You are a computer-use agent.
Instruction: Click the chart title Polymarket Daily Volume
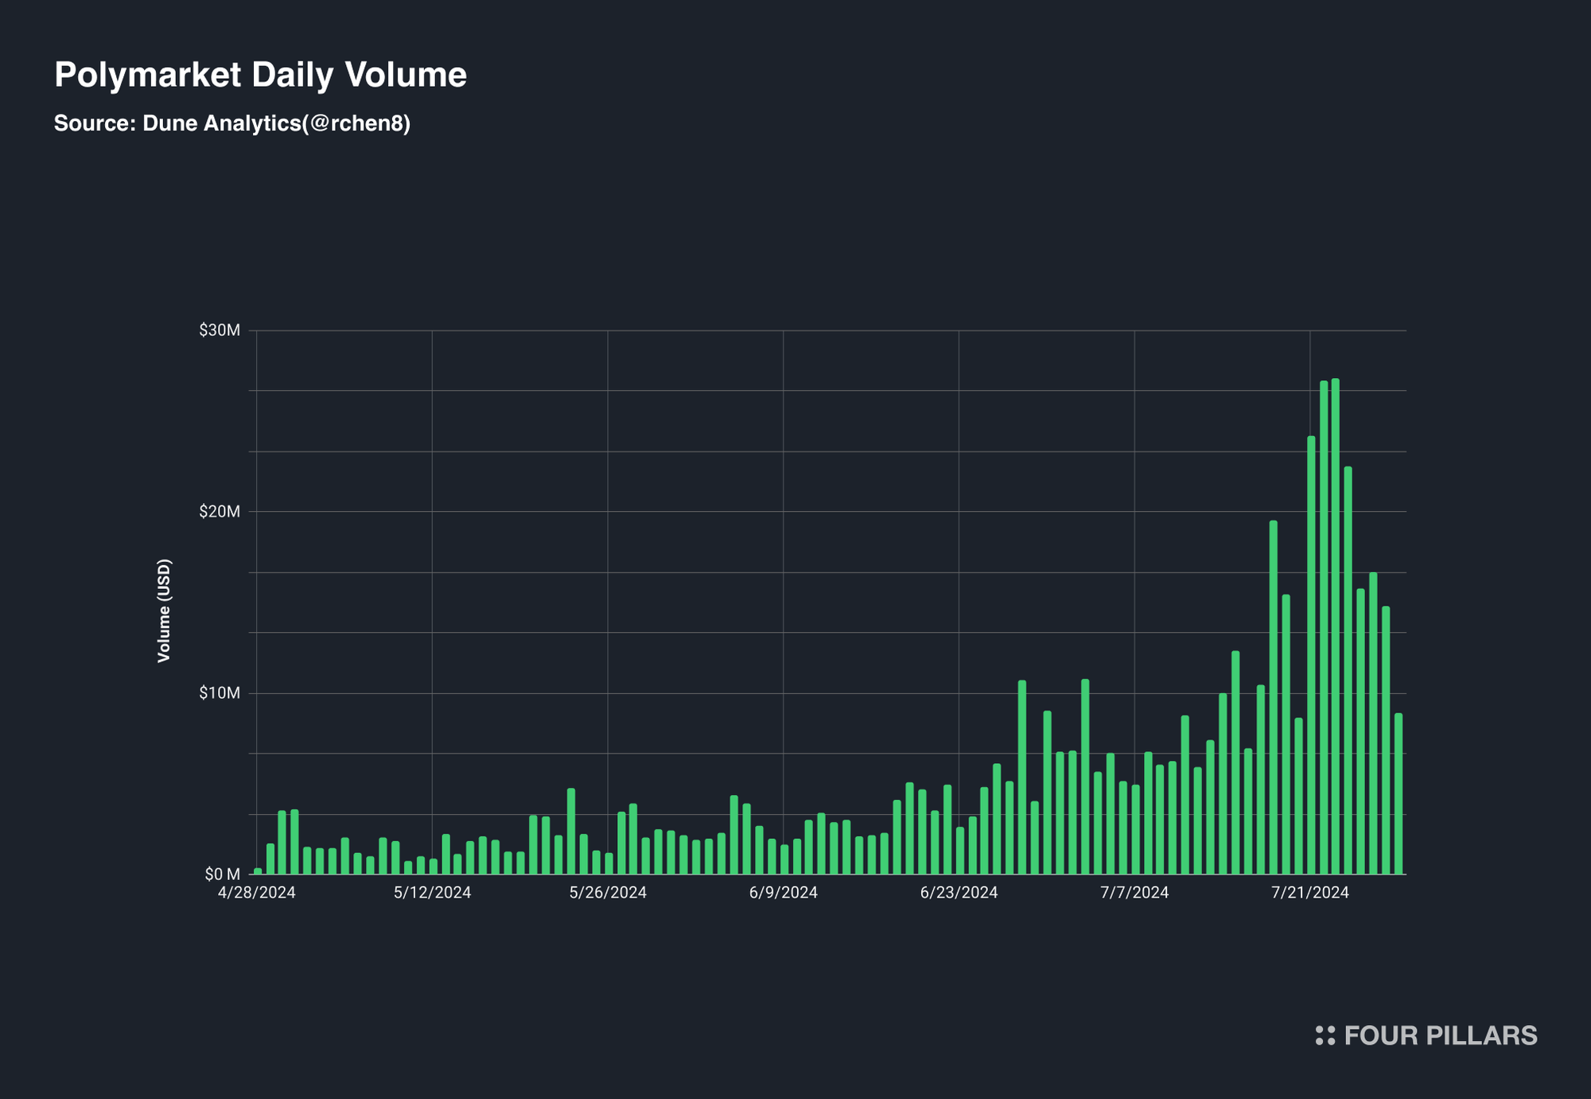coord(260,75)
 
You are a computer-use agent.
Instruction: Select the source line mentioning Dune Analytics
coord(231,123)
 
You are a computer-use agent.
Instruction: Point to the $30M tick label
coord(220,330)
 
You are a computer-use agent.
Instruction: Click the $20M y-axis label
coord(220,512)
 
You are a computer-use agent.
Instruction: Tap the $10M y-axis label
coord(220,693)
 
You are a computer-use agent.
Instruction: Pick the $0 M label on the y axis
coord(222,875)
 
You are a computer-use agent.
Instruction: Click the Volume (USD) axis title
coord(164,610)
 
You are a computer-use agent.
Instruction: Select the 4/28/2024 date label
coord(256,893)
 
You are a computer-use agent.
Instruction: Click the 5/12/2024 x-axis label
coord(432,893)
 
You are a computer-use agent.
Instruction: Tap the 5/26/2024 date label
coord(608,893)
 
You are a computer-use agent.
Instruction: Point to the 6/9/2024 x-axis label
coord(783,893)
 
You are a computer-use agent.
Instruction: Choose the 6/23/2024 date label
coord(959,893)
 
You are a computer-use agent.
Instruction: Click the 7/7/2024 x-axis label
coord(1134,893)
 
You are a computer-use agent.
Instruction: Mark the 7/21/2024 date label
coord(1309,893)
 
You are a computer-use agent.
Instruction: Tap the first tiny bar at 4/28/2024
coord(258,871)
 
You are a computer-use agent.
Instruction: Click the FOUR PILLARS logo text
coord(1440,1035)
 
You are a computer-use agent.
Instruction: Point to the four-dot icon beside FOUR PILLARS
coord(1325,1035)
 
